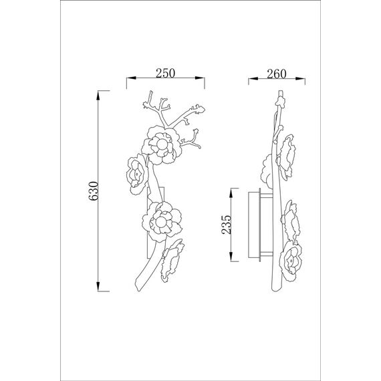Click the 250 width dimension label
tap(165, 73)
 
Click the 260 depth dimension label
tap(277, 74)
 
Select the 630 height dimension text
tap(94, 190)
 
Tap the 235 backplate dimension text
tap(227, 225)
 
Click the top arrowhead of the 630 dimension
tap(98, 96)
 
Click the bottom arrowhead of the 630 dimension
tap(98, 286)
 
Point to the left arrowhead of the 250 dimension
tap(131, 78)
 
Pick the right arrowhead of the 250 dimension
tap(199, 78)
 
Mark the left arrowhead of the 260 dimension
tap(253, 78)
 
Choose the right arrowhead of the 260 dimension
tap(300, 78)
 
